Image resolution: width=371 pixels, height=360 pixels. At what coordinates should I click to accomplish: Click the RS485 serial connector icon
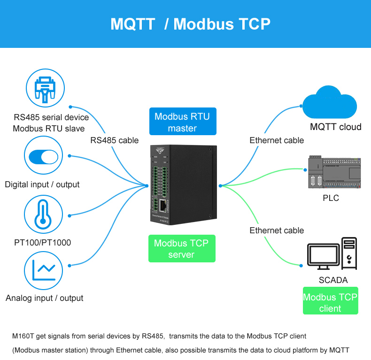coord(46,89)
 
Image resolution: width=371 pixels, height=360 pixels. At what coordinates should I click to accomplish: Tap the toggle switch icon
coord(43,157)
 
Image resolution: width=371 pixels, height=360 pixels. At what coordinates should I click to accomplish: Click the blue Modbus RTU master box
coord(182,122)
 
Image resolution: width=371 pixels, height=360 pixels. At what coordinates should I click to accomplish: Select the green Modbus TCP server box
coord(181,249)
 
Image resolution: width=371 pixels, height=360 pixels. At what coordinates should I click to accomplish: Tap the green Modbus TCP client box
coord(330,302)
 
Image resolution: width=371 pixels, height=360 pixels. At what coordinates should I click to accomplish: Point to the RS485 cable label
coord(115,140)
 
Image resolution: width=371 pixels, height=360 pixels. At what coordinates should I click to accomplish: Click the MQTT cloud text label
coord(336,127)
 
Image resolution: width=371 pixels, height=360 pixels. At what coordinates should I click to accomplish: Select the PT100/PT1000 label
coord(43,243)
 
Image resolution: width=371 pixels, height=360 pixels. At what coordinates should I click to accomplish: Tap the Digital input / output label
coord(42,184)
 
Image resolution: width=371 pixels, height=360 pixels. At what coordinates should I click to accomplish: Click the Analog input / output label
coord(45,298)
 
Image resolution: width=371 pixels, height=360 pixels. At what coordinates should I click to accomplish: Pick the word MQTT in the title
coord(132,24)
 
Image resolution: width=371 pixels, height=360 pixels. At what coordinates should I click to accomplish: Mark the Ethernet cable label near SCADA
coord(277,230)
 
